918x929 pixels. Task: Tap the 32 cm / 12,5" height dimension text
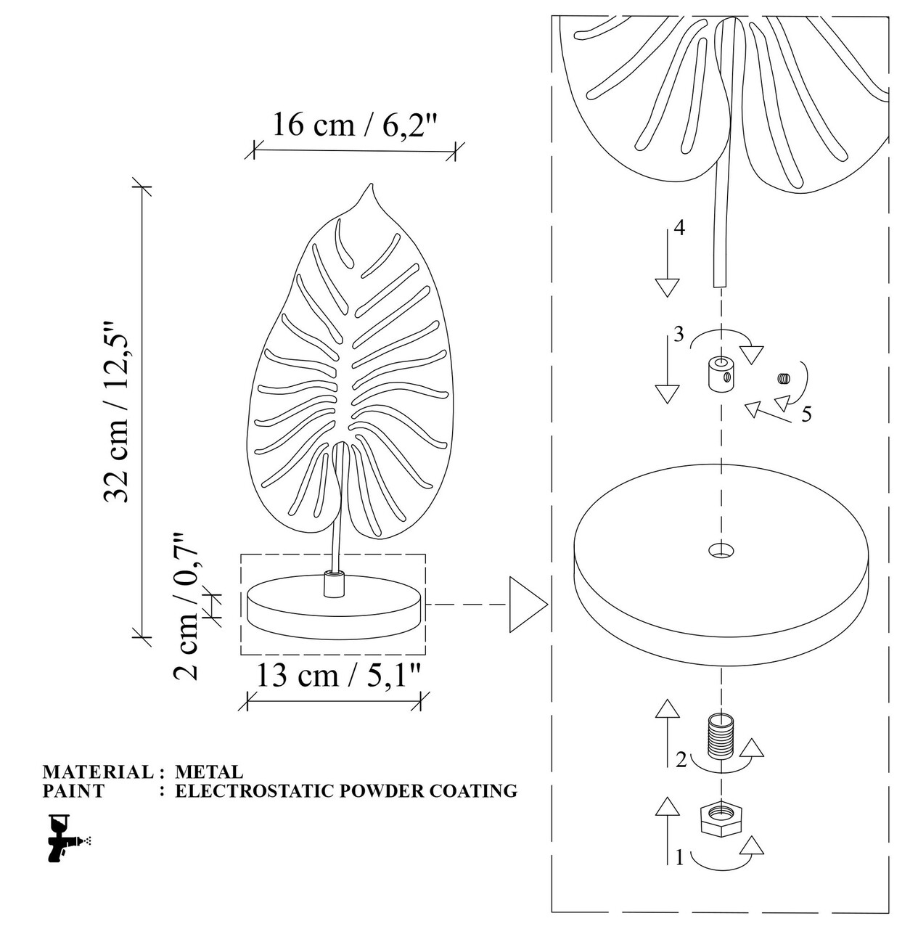tap(117, 412)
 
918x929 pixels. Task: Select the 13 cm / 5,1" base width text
tap(337, 676)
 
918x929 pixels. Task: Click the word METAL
tap(209, 772)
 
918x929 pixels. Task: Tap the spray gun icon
tap(68, 838)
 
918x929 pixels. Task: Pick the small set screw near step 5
tap(784, 378)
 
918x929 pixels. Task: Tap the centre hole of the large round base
tap(721, 549)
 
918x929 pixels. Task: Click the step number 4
tap(679, 228)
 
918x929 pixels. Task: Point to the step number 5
tap(807, 414)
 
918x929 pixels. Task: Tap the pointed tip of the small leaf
tap(372, 183)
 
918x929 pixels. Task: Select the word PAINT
tap(73, 791)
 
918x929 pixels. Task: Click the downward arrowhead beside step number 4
tap(668, 288)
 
